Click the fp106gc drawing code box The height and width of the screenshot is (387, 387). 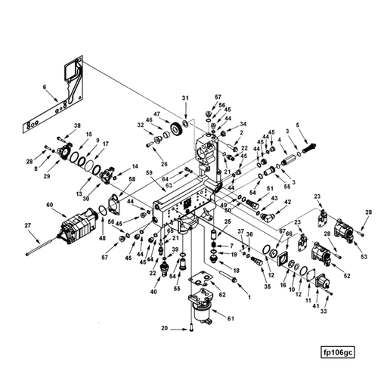(338, 352)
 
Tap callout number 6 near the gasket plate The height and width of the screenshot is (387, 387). (45, 88)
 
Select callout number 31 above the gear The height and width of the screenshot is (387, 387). (184, 99)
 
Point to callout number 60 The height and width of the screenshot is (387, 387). (50, 205)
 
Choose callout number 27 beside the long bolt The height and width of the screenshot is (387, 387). (28, 225)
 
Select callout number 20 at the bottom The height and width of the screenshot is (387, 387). (164, 329)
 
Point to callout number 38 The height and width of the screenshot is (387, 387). (76, 125)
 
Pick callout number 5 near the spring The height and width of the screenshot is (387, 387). (298, 124)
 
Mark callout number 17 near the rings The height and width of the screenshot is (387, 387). (105, 144)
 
